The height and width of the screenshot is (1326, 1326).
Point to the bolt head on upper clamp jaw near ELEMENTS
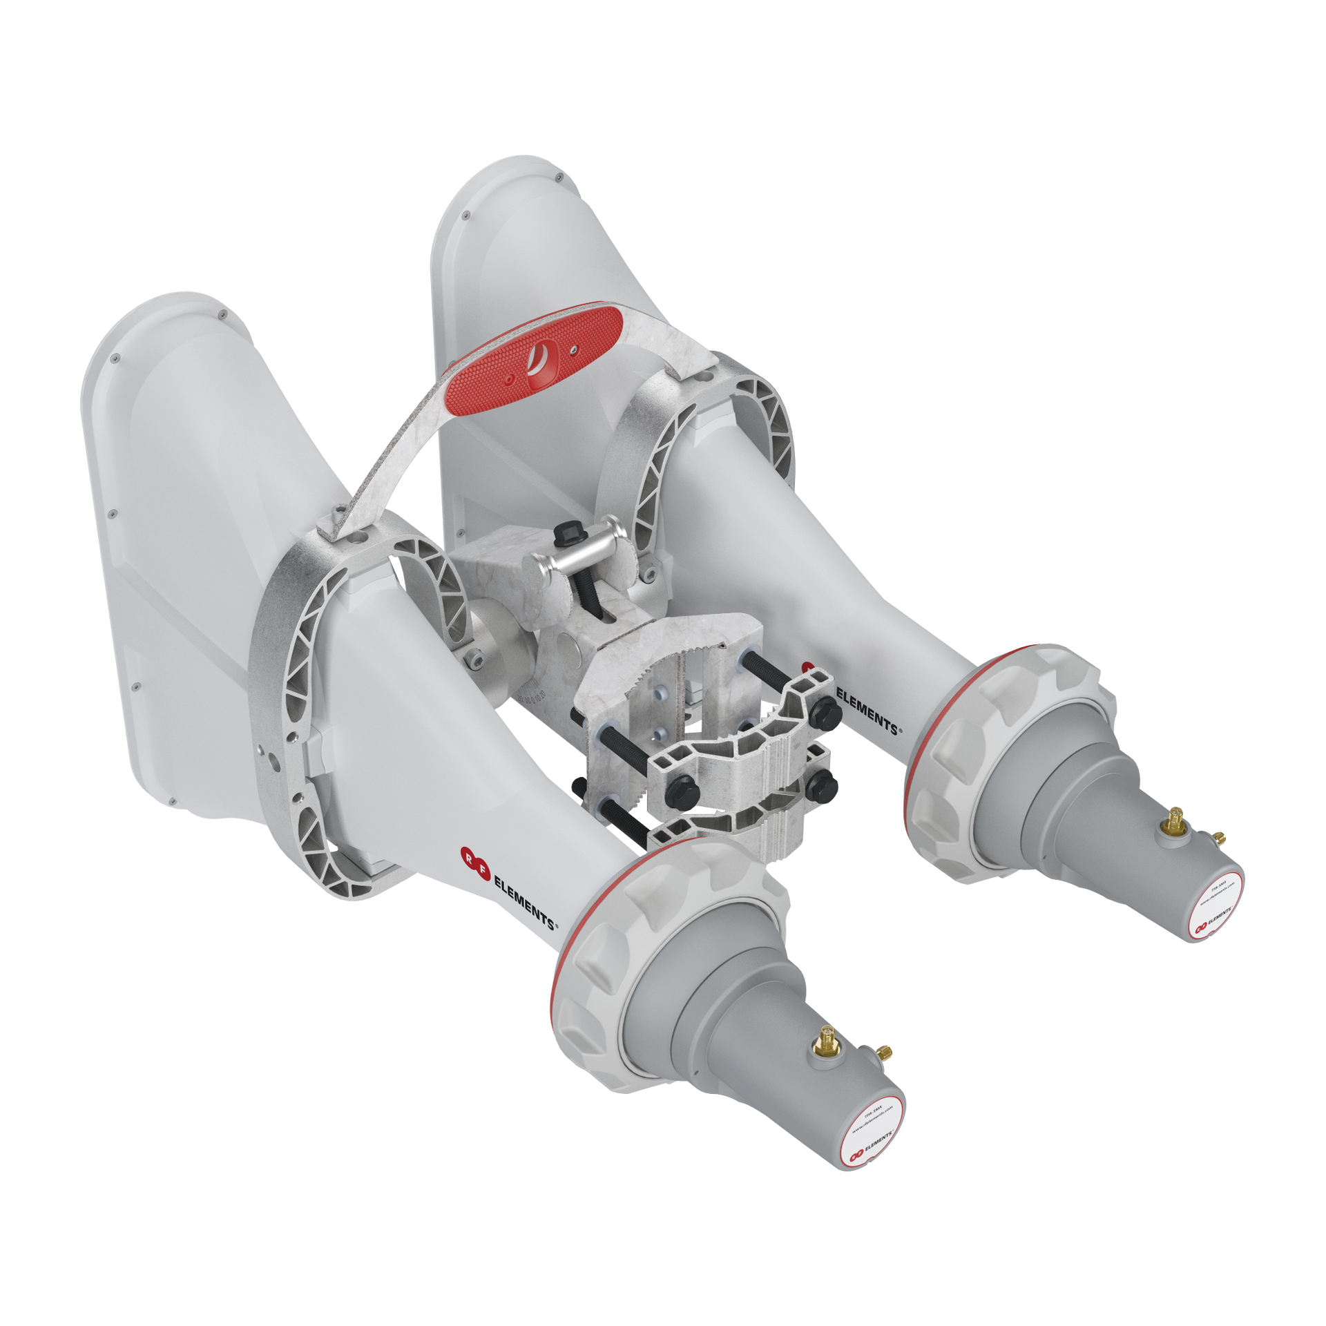(x=825, y=711)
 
